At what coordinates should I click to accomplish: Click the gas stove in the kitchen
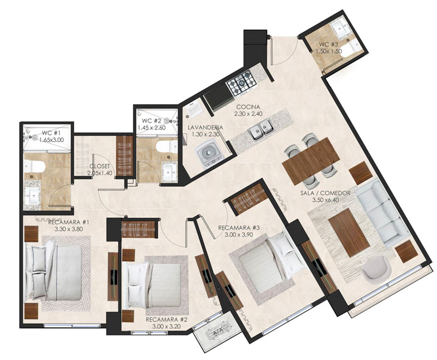(241, 82)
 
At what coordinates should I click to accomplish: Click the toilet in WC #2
(167, 147)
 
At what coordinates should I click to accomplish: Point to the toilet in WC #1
(34, 167)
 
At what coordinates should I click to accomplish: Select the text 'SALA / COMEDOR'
(325, 193)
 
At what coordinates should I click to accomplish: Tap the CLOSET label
(99, 167)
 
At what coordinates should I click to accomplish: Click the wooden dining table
(311, 161)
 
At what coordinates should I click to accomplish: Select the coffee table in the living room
(349, 233)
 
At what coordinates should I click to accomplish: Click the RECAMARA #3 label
(239, 228)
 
